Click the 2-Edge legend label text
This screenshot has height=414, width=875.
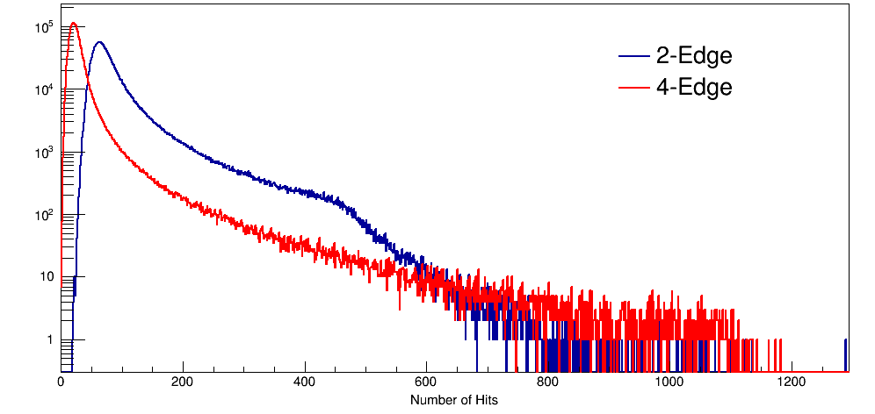pyautogui.click(x=694, y=57)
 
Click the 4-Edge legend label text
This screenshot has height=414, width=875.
pyautogui.click(x=694, y=87)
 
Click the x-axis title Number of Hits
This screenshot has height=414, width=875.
pyautogui.click(x=454, y=400)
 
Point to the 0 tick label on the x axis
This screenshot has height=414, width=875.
pyautogui.click(x=61, y=382)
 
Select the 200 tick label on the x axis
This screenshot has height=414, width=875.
pyautogui.click(x=183, y=382)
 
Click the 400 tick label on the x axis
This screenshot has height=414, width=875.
pyautogui.click(x=305, y=382)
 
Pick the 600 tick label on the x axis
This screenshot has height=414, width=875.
pyautogui.click(x=426, y=382)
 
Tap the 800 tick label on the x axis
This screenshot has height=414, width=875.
pyautogui.click(x=548, y=382)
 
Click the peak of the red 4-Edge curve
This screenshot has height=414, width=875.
pyautogui.click(x=74, y=24)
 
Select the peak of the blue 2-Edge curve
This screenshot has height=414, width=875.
pyautogui.click(x=99, y=42)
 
